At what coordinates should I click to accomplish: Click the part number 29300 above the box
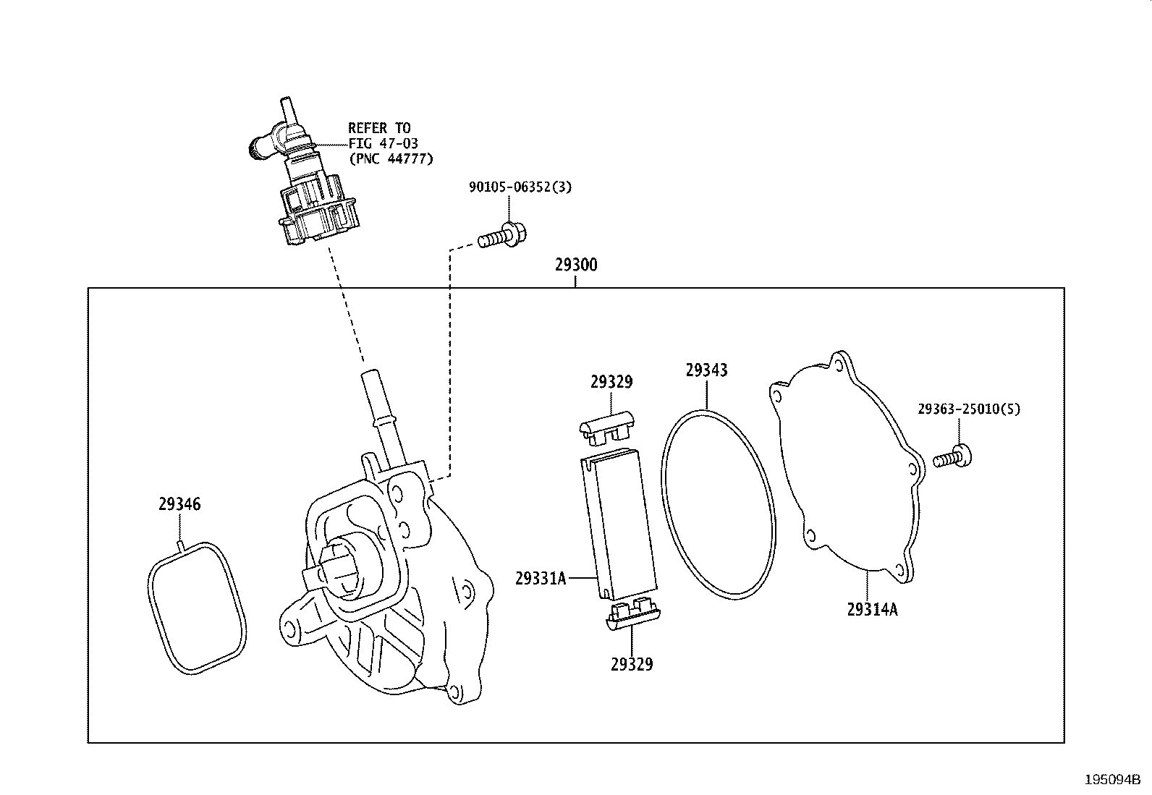576,265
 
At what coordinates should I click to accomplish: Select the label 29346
179,504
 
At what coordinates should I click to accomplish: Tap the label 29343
706,370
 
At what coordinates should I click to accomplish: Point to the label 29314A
872,610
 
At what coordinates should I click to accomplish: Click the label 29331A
541,579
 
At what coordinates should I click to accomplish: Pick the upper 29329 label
611,382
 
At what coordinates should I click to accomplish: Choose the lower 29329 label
631,664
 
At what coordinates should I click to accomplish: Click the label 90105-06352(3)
520,187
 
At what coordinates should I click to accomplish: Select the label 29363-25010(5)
968,409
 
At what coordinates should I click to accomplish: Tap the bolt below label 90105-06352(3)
503,237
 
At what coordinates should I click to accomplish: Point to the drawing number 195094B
1111,781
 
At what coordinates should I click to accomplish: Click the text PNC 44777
391,158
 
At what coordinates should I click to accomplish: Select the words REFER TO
378,128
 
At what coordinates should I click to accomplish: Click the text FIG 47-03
383,143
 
